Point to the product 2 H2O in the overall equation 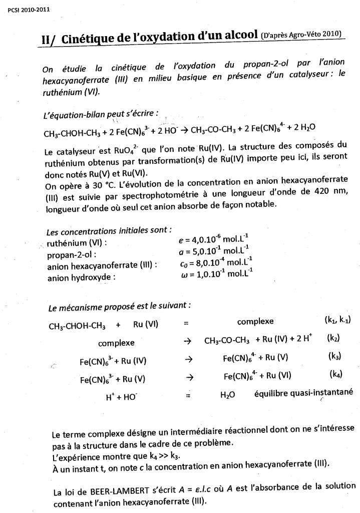coord(304,128)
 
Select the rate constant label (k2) coord(333,338)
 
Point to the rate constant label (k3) coord(334,356)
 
